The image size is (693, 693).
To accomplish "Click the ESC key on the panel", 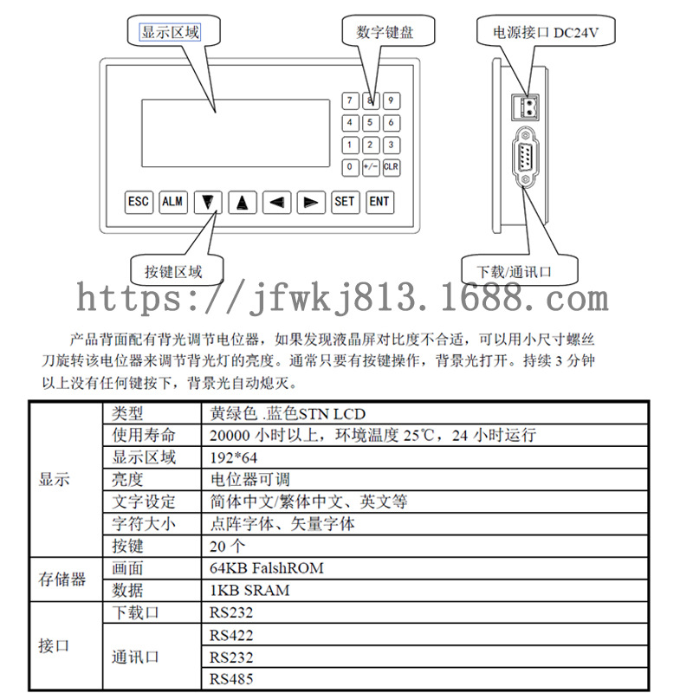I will [x=139, y=202].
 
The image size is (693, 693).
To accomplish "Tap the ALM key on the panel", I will [x=173, y=202].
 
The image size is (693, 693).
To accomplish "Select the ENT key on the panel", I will [x=379, y=202].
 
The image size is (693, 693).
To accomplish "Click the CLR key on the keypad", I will [x=391, y=166].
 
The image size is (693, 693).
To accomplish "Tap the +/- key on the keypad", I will [x=371, y=166].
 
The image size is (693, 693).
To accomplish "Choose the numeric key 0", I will [x=350, y=166].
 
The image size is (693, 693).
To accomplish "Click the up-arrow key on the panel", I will [x=243, y=203].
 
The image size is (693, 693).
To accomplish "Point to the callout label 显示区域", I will [x=170, y=33].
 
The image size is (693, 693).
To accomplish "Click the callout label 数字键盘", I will [x=385, y=33].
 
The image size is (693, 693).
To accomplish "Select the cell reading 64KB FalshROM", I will [x=267, y=569].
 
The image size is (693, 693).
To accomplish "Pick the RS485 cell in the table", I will [x=231, y=680].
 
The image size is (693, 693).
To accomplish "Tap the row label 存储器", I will [x=62, y=580].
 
